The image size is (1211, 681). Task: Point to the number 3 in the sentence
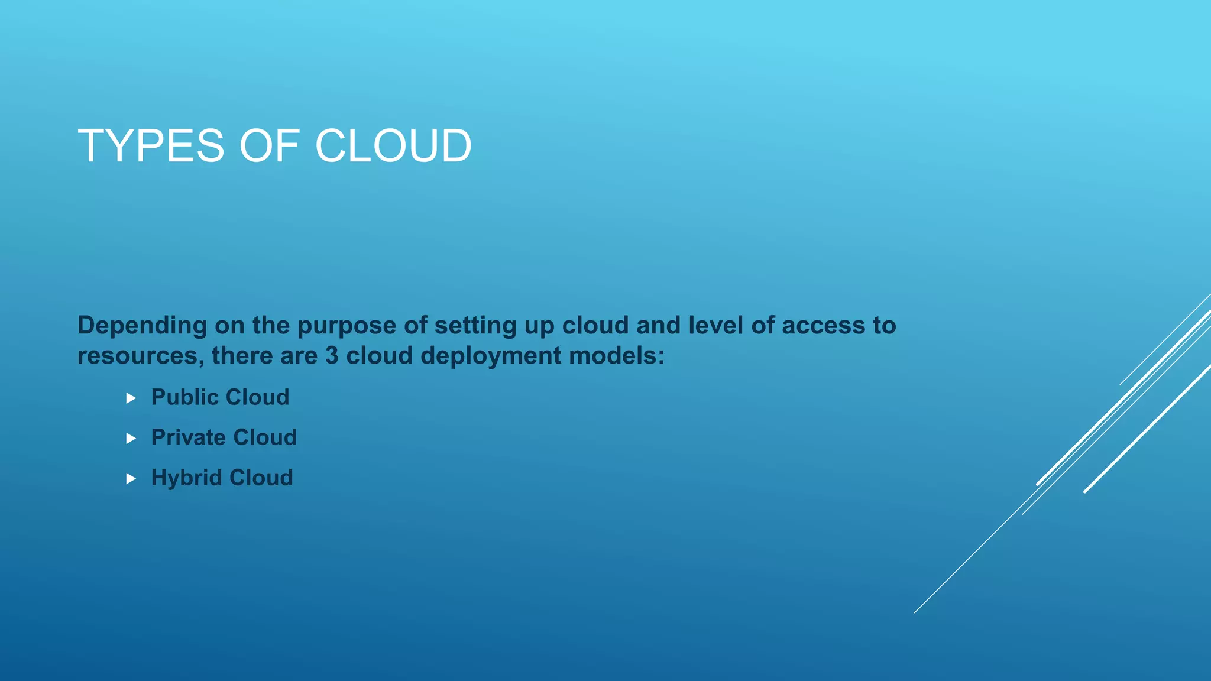(x=332, y=356)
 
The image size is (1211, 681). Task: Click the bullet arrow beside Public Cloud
(x=131, y=398)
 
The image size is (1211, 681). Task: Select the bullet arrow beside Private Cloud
(x=131, y=439)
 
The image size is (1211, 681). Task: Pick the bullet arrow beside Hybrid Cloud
(x=131, y=479)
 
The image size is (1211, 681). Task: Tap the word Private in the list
(x=188, y=437)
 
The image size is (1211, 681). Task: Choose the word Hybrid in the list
(x=186, y=478)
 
